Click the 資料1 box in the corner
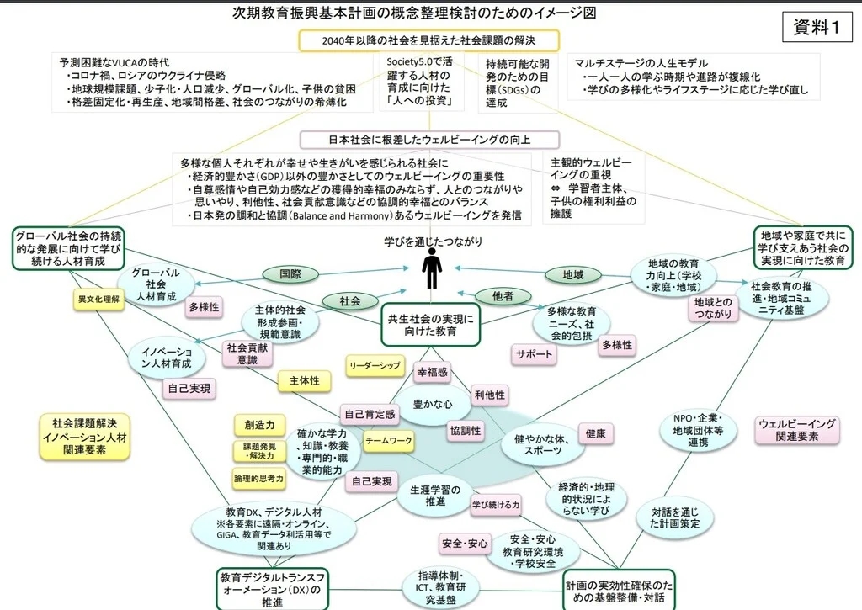point(817,27)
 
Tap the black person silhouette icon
point(432,268)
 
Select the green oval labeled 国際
point(290,273)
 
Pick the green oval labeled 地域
point(572,274)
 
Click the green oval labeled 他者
point(503,296)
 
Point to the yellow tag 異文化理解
point(99,299)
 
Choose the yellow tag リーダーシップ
point(375,365)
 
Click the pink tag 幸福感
point(432,372)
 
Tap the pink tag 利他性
point(490,395)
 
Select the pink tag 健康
point(595,433)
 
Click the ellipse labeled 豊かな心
point(433,405)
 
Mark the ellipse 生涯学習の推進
point(435,495)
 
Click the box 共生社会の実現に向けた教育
point(430,325)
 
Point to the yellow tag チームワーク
point(389,441)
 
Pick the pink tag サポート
point(533,354)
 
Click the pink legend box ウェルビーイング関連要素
point(797,430)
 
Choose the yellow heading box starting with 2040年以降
point(428,40)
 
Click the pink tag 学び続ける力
point(496,505)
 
